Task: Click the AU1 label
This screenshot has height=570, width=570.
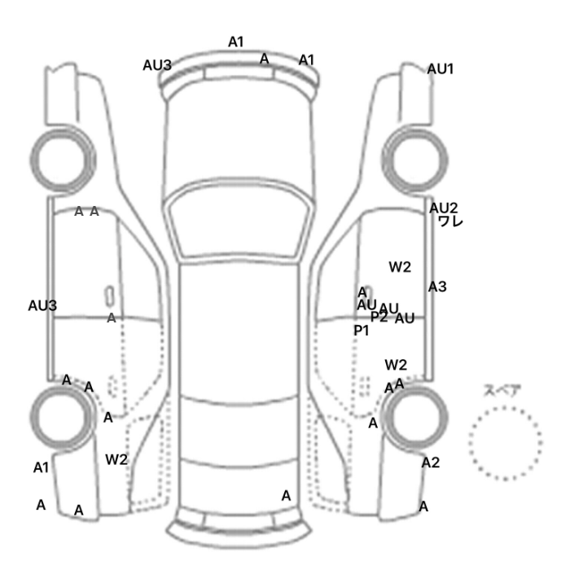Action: [x=441, y=69]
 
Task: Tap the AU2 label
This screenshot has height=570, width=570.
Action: [x=444, y=208]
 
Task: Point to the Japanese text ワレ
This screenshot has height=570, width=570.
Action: [x=449, y=221]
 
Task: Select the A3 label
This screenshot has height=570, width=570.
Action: [x=437, y=287]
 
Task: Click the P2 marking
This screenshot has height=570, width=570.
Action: [x=379, y=317]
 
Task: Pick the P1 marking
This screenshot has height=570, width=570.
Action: [x=361, y=331]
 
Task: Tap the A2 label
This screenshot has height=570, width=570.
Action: [x=431, y=463]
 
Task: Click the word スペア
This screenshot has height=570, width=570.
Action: [x=502, y=390]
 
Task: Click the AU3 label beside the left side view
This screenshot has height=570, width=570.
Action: [x=42, y=305]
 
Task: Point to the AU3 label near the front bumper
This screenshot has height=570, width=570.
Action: [x=157, y=65]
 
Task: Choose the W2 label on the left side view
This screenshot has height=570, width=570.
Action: [x=116, y=459]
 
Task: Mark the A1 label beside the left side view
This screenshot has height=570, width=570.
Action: [x=42, y=467]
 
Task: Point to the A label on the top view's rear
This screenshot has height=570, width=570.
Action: [x=286, y=495]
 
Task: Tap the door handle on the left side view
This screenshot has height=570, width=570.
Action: [x=107, y=293]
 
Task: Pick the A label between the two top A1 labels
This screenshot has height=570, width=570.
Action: [x=264, y=58]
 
